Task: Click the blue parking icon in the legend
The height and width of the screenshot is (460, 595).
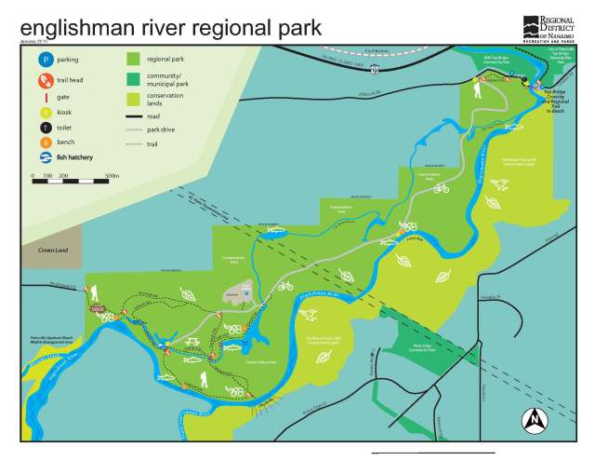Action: coord(43,60)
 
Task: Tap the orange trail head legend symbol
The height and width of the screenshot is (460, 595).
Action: coord(43,79)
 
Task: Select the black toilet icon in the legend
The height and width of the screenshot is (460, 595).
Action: coord(43,127)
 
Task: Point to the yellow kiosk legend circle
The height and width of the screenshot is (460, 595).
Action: coord(43,111)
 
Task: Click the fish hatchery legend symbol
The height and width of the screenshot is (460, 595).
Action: coord(43,158)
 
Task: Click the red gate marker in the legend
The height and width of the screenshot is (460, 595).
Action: coord(43,95)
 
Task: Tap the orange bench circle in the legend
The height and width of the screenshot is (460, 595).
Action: coord(43,142)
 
